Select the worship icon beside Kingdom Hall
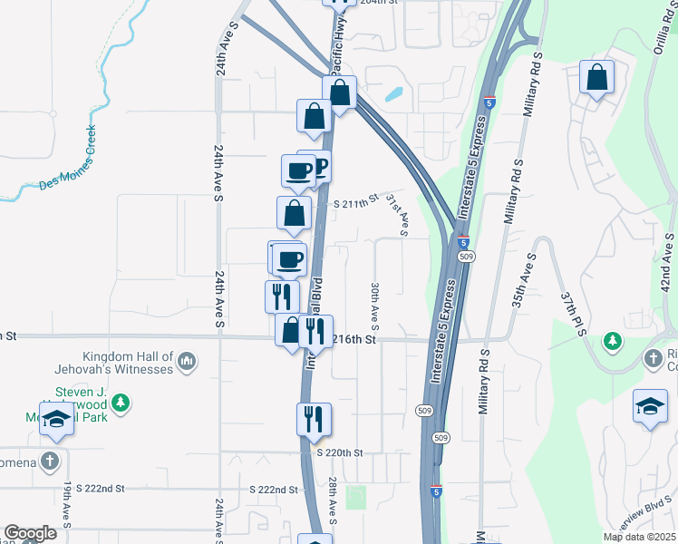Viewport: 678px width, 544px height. pos(187,362)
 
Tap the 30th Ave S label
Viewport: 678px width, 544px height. pos(374,306)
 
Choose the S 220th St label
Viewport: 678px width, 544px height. pos(339,452)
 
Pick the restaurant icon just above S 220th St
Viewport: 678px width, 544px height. pos(314,419)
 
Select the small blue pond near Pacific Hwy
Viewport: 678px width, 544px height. pos(394,92)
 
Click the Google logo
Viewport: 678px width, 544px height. pos(30,533)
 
